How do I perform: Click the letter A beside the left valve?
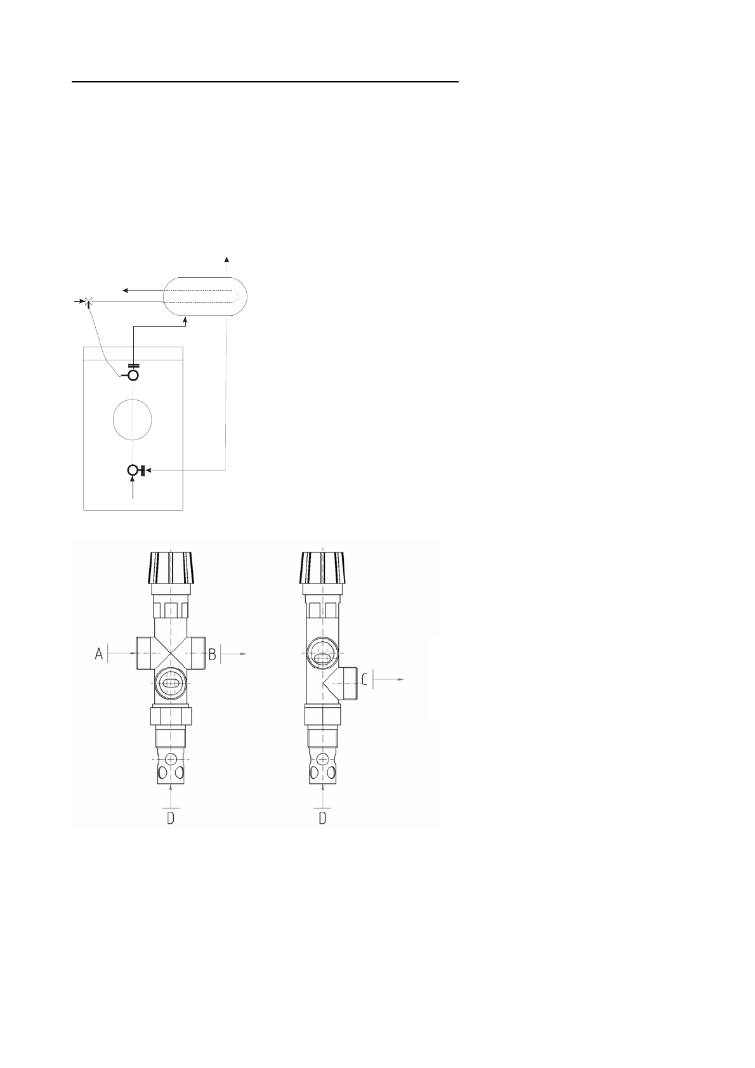click(99, 653)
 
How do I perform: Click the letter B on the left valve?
click(213, 654)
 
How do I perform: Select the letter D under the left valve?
click(171, 818)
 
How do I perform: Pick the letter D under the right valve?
click(323, 818)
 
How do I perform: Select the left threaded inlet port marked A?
click(145, 653)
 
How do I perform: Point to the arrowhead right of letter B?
click(243, 654)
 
